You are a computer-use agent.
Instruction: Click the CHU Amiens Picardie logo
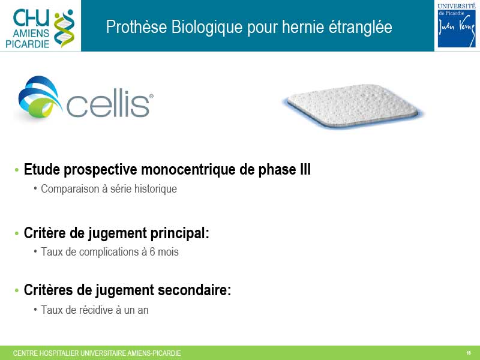[40, 28]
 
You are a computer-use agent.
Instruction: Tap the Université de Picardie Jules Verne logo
[457, 25]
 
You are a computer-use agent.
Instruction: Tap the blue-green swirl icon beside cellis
[39, 97]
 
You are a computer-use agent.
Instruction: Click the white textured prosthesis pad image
[353, 106]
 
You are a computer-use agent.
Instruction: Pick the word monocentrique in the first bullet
[188, 170]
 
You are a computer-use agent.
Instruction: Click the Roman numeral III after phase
[305, 169]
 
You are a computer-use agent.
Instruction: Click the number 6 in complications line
[152, 252]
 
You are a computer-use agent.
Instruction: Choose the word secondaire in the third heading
[194, 290]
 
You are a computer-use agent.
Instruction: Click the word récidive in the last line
[96, 310]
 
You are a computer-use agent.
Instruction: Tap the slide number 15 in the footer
[469, 353]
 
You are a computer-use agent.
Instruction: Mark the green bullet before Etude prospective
[17, 170]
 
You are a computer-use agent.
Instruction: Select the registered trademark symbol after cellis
[151, 96]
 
